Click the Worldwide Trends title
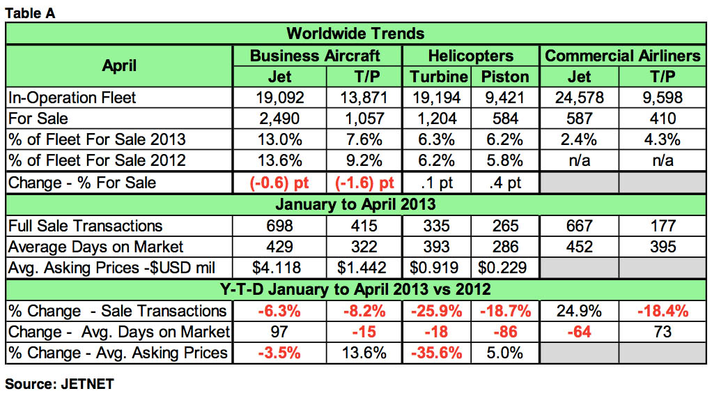point(355,33)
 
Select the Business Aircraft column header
point(316,55)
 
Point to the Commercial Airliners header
point(623,55)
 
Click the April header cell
point(119,66)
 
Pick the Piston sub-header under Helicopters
point(506,76)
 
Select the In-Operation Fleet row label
point(72,98)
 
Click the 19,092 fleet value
point(279,98)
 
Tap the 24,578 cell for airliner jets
point(579,98)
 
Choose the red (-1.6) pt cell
point(364,183)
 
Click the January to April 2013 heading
point(355,204)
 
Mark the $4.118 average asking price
point(279,268)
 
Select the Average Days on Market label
point(95,247)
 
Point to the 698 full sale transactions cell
point(279,226)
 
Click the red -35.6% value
point(438,353)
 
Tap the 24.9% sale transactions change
point(579,310)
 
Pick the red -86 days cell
point(506,332)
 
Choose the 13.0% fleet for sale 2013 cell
point(279,140)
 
